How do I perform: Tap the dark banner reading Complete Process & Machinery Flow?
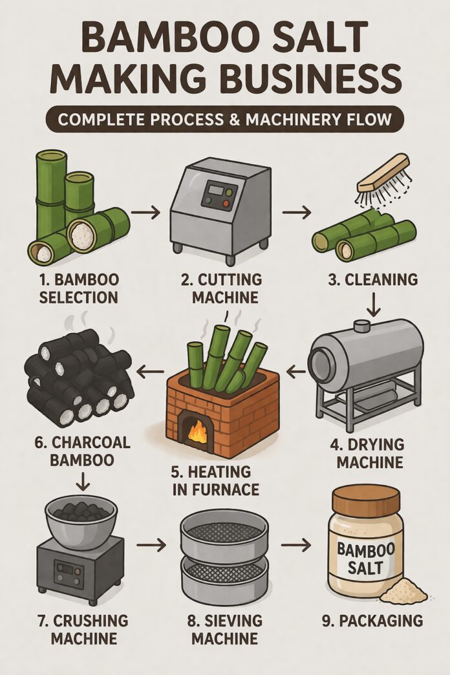[225, 121]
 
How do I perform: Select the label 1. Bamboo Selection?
[78, 288]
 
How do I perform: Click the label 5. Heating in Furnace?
[217, 479]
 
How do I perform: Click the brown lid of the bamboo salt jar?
[366, 499]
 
